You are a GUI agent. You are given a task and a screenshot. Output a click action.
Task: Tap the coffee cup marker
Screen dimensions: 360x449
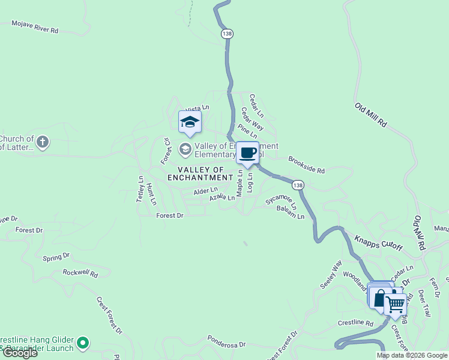pyautogui.click(x=248, y=152)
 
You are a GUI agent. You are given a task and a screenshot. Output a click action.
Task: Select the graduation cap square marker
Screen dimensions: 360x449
pyautogui.click(x=190, y=122)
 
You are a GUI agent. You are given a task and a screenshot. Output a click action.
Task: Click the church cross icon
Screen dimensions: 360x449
pyautogui.click(x=42, y=143)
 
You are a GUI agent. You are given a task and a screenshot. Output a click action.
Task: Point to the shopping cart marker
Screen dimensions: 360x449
pyautogui.click(x=394, y=304)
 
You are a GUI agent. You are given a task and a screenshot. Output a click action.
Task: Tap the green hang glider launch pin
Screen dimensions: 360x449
pyautogui.click(x=83, y=343)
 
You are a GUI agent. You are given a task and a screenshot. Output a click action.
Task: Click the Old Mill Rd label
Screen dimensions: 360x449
pyautogui.click(x=370, y=115)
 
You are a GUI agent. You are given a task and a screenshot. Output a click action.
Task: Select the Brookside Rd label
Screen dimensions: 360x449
pyautogui.click(x=306, y=166)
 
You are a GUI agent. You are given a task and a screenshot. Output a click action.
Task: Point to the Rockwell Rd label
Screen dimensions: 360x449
pyautogui.click(x=80, y=273)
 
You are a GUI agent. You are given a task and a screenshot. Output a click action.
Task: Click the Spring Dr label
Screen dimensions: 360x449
pyautogui.click(x=56, y=257)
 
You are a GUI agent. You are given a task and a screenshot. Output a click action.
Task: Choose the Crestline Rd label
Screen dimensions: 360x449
pyautogui.click(x=355, y=323)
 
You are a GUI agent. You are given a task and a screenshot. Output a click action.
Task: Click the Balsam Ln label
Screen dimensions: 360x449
pyautogui.click(x=291, y=212)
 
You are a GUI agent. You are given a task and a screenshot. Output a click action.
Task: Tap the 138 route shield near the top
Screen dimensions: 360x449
pyautogui.click(x=226, y=34)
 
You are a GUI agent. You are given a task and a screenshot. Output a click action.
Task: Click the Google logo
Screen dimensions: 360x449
pyautogui.click(x=20, y=353)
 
